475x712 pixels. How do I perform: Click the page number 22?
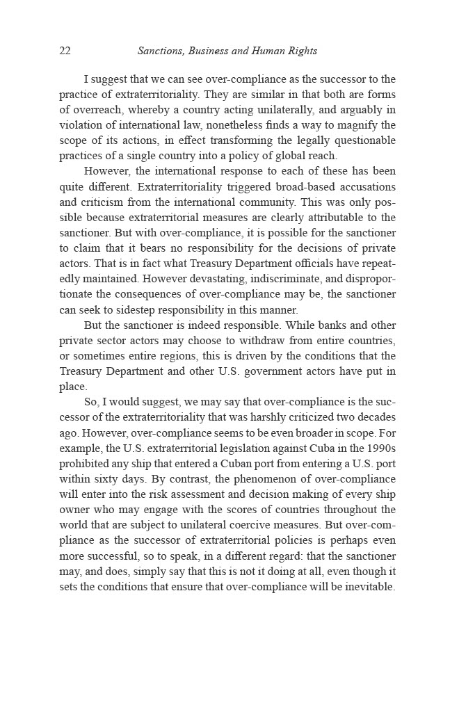pos(65,51)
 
